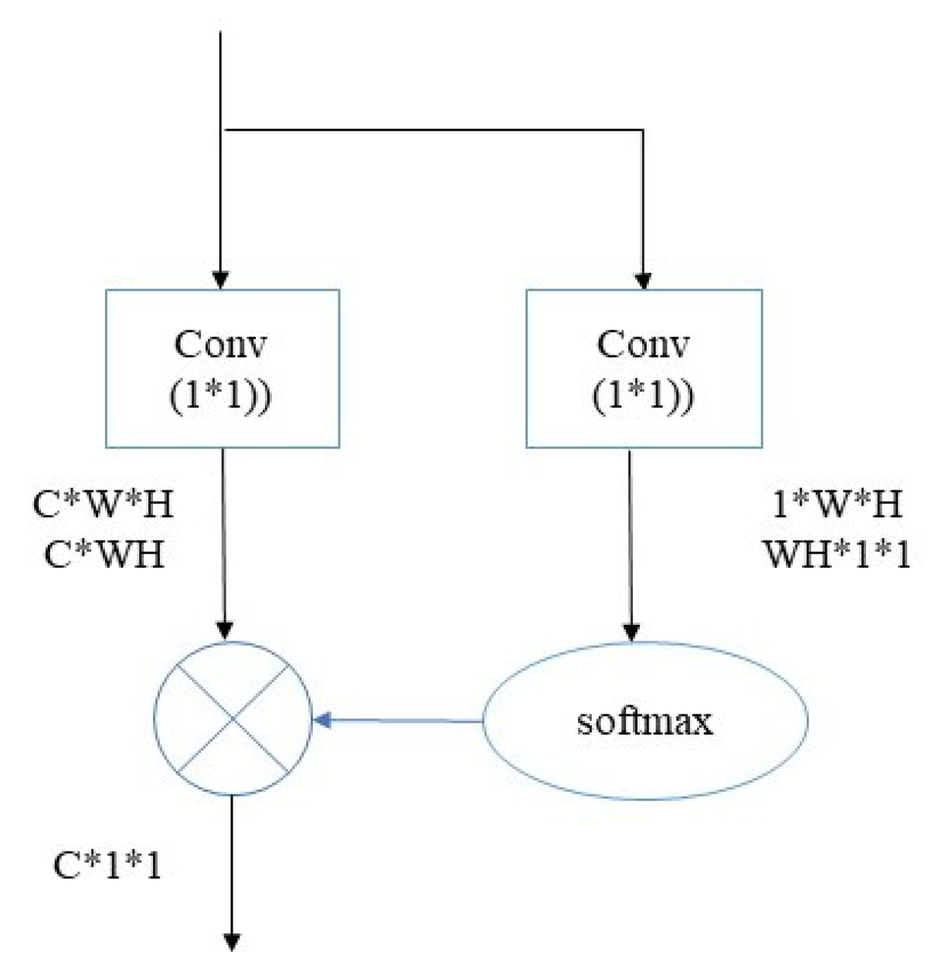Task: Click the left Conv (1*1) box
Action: coord(223,369)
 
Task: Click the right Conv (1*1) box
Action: coord(644,369)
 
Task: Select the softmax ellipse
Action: coord(645,721)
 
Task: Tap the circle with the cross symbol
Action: coord(233,718)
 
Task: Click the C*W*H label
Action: coord(103,505)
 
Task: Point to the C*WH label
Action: coord(104,554)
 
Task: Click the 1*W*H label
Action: coord(837,505)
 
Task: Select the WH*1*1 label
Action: coord(838,554)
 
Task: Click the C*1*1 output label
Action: coord(107,865)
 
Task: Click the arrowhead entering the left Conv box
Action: coord(221,280)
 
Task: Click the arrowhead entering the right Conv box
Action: coord(643,280)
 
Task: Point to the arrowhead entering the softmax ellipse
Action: coord(631,632)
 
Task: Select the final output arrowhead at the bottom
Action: coord(231,941)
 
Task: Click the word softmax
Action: coord(645,721)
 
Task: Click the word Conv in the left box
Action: coord(221,344)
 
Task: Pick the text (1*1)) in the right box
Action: coord(644,395)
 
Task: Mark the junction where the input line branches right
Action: coord(222,130)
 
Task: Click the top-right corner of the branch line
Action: coord(643,130)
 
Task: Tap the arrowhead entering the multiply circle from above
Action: coord(224,630)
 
